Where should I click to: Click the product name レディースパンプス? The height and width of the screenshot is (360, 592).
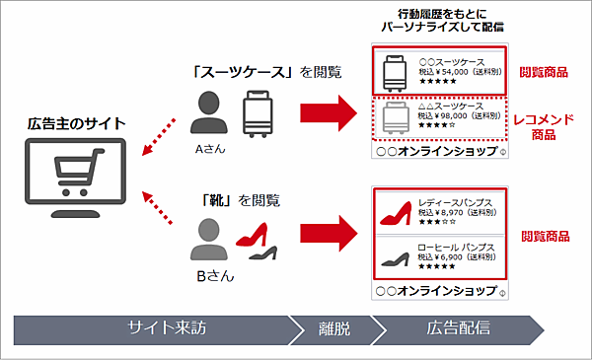click(x=452, y=199)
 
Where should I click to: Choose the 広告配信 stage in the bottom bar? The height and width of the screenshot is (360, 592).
click(x=458, y=328)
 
